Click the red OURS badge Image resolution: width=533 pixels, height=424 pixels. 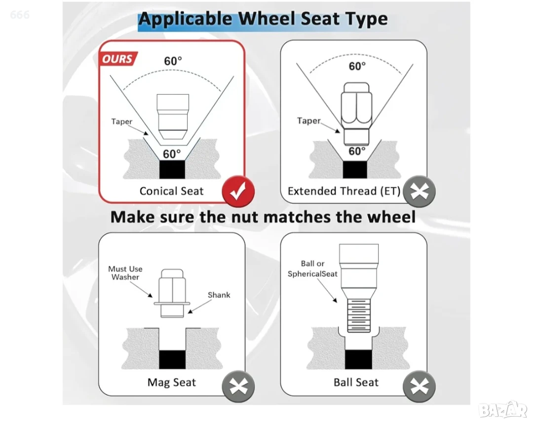118,58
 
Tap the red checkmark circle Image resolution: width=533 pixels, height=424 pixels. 238,191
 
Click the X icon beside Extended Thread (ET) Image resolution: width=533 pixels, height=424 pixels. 419,192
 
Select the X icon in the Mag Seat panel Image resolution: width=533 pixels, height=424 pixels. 238,386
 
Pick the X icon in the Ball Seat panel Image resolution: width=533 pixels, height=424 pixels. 419,386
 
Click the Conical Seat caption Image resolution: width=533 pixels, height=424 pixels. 171,191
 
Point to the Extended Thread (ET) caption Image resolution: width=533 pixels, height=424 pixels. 344,191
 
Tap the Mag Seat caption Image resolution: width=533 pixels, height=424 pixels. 172,382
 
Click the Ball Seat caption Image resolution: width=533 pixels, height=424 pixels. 356,382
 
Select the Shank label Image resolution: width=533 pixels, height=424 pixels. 219,295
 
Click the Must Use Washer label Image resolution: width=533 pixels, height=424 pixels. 125,273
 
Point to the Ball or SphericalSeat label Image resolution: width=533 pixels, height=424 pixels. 312,268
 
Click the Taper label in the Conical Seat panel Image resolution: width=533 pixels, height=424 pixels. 122,122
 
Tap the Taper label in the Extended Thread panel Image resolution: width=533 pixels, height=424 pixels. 308,121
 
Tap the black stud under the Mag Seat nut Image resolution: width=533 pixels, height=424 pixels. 172,359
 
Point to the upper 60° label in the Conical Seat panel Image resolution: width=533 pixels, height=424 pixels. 173,61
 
